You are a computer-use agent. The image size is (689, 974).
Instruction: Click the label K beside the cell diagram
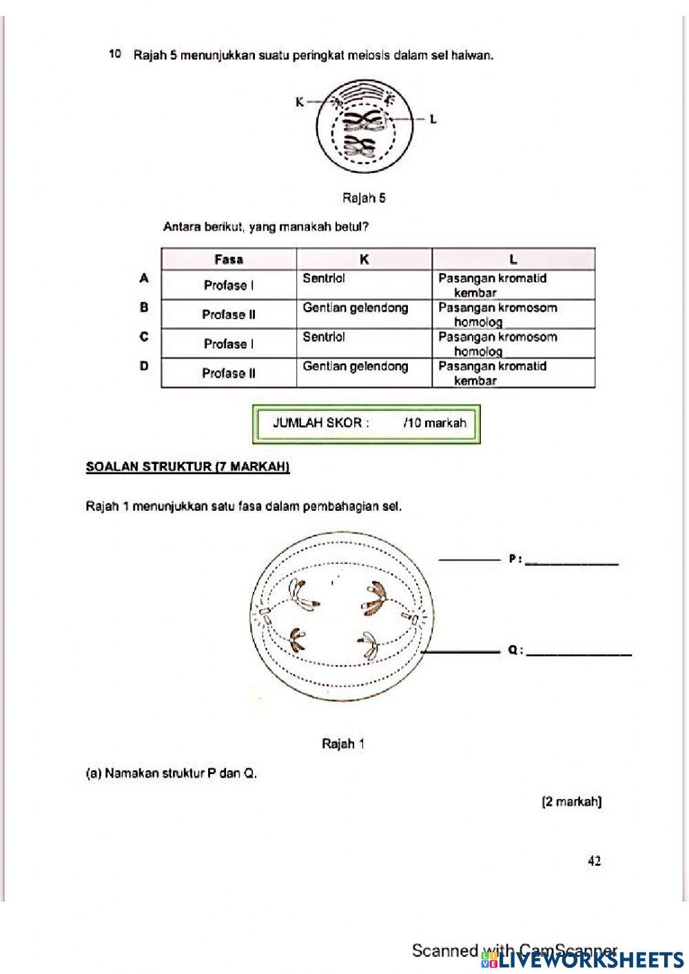point(300,102)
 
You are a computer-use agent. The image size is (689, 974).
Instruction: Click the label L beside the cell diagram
point(433,119)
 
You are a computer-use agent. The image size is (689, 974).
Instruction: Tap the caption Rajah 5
point(364,199)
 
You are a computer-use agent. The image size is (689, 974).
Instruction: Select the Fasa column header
point(229,259)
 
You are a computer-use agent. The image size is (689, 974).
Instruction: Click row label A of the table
point(144,278)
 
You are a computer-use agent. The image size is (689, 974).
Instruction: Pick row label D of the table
point(144,366)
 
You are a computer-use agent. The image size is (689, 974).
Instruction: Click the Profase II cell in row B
point(229,314)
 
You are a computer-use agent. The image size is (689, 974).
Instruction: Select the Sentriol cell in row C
point(324,337)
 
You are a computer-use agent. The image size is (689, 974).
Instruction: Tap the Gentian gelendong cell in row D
point(356,367)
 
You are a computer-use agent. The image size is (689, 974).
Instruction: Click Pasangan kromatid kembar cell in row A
point(492,285)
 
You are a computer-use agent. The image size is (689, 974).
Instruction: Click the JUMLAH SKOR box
point(367,423)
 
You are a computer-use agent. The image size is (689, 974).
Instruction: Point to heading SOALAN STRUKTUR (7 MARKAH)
point(187,467)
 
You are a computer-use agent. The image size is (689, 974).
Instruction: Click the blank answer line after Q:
point(578,653)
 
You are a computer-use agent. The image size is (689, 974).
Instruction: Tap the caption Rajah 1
point(342,744)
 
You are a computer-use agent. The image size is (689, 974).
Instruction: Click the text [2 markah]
point(572,802)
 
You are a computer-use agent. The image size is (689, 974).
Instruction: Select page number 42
point(594,860)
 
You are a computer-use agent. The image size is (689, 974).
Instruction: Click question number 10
point(115,54)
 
